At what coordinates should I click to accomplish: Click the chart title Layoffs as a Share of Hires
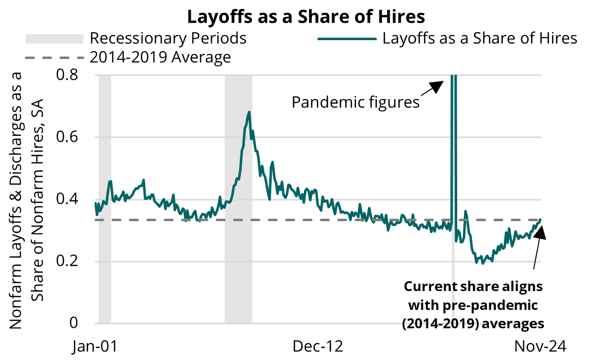[306, 17]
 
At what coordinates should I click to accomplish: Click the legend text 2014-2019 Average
[160, 58]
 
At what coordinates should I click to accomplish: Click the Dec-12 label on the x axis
[318, 346]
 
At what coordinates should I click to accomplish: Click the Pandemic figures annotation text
[356, 103]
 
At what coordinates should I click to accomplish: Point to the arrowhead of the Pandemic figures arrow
[437, 85]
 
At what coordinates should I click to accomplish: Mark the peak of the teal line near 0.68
[249, 112]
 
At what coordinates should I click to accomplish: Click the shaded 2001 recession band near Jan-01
[105, 198]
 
